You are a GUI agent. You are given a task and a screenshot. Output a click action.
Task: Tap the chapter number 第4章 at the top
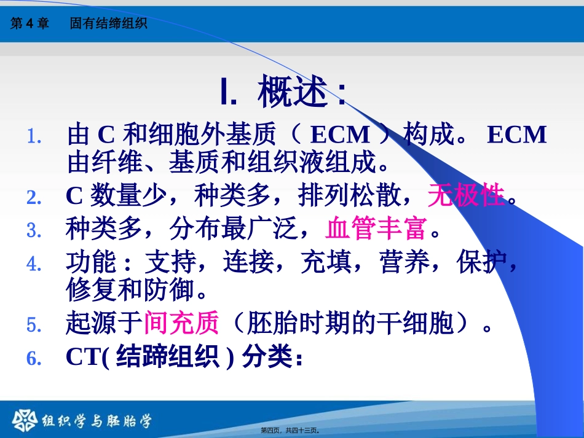tap(30, 23)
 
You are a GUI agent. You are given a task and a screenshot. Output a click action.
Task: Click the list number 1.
tap(34, 136)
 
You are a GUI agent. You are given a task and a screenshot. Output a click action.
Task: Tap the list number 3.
tap(34, 230)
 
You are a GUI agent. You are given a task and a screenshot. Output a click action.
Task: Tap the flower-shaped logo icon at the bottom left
tap(25, 421)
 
